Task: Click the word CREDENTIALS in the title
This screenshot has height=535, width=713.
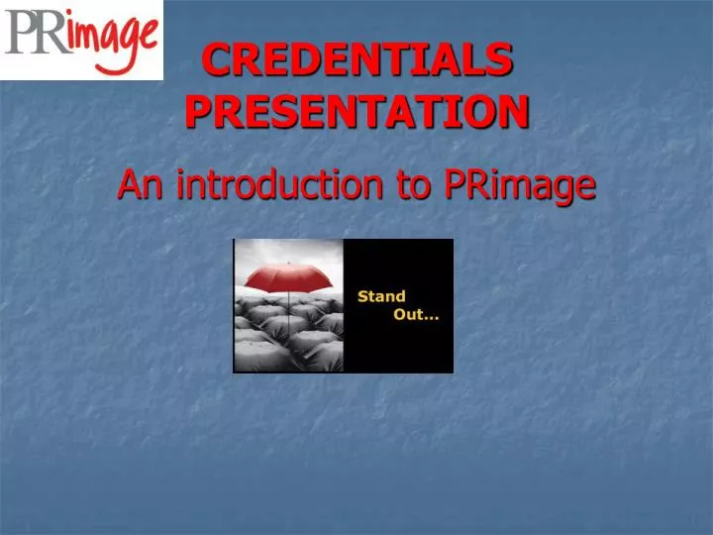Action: click(357, 61)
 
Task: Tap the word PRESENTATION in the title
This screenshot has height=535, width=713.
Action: click(357, 111)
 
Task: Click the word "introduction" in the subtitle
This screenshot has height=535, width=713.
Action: click(276, 183)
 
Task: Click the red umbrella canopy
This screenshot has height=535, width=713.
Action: click(289, 281)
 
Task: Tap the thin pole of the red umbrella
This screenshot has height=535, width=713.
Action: click(288, 301)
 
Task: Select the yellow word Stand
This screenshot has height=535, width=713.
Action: click(381, 296)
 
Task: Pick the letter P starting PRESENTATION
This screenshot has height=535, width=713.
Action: click(199, 111)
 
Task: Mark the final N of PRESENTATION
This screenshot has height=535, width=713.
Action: click(514, 111)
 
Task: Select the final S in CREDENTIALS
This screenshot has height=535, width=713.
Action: click(501, 61)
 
